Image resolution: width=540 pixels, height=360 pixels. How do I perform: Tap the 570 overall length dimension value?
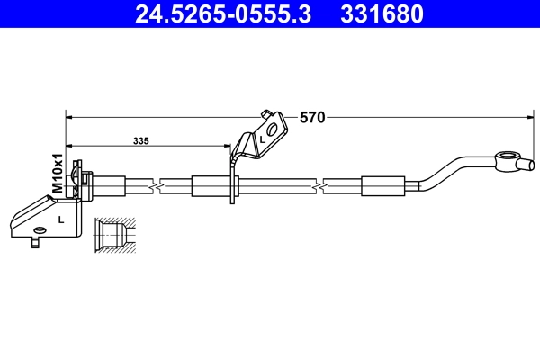tap(312, 117)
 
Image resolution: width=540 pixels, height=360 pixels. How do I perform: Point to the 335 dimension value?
tap(140, 141)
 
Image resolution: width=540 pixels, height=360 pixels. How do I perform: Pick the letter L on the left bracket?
tap(60, 219)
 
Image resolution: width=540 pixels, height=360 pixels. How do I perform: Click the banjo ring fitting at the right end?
tap(511, 163)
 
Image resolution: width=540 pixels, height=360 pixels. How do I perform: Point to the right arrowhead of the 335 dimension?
tap(228, 146)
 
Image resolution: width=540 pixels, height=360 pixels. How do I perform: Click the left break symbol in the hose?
tap(158, 186)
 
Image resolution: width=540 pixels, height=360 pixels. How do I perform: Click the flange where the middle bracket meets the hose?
tap(234, 186)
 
